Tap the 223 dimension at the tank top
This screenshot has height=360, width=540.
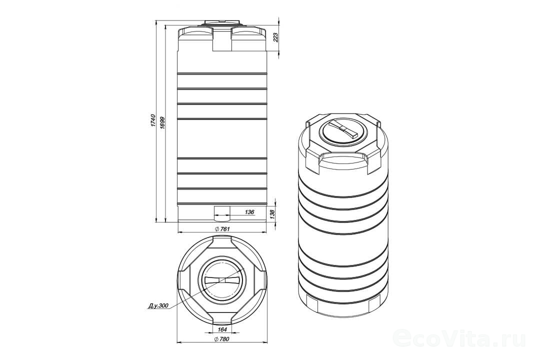[275, 37]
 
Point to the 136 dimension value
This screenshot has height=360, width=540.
[249, 212]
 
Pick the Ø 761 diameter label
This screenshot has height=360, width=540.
[222, 229]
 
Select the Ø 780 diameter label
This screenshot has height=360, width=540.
[221, 339]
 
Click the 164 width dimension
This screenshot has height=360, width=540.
[222, 329]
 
